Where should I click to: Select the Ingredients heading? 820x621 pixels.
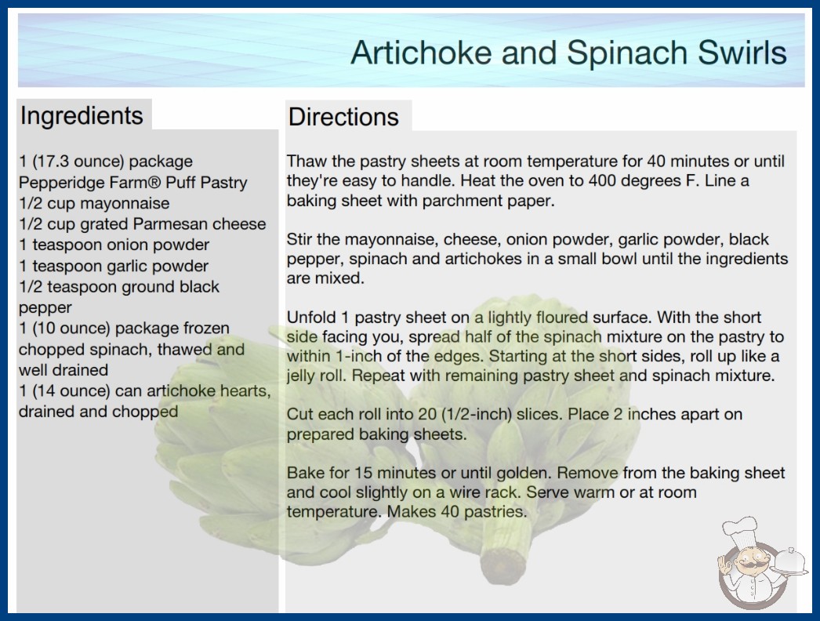pos(82,115)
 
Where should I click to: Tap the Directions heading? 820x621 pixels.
pos(343,117)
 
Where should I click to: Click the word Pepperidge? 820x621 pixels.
pos(62,183)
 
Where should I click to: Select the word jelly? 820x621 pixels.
pos(299,376)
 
